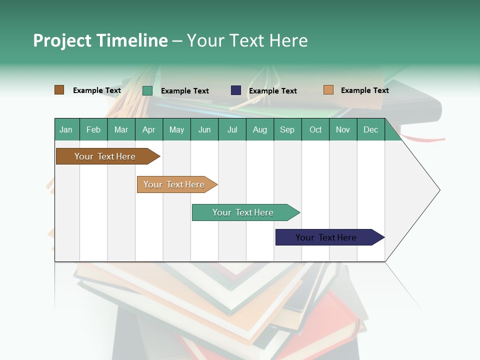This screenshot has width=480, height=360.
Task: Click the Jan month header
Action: pos(66,130)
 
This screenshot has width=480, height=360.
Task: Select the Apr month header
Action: pos(148,130)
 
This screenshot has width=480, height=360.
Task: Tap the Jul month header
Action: pos(232,130)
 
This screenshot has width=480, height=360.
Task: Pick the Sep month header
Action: pos(287,130)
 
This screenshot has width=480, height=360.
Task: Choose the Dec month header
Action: pos(370,130)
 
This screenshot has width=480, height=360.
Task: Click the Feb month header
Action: pos(93,130)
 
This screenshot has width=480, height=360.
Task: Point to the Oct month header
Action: pos(315,130)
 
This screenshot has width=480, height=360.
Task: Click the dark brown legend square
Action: pos(59,90)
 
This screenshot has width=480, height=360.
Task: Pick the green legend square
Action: pos(147,90)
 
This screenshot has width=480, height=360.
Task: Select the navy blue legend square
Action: pos(236,90)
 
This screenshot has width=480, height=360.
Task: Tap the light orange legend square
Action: pos(328,90)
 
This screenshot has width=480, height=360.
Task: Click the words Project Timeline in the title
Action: pos(100,40)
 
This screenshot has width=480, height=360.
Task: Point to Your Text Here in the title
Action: pos(247,40)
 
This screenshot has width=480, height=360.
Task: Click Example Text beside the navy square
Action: pos(272,91)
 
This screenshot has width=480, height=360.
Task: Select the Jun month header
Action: pos(204,130)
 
